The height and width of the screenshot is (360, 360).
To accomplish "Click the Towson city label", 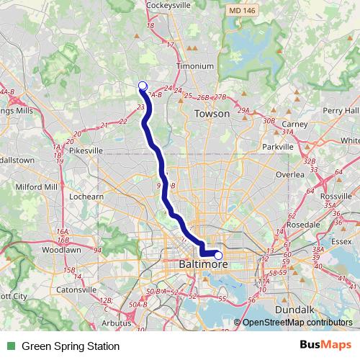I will click(x=212, y=114).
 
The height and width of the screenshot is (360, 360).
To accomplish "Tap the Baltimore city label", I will click(x=202, y=265).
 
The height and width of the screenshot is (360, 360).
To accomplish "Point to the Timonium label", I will click(x=195, y=66).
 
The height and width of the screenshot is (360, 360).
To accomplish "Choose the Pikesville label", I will click(x=86, y=150).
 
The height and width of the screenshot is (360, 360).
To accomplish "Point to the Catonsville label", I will click(x=76, y=289).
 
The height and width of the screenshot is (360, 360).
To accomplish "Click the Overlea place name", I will click(x=290, y=175).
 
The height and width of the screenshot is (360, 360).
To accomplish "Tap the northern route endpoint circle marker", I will click(x=143, y=86).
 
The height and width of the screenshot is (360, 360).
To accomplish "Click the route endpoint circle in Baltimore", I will click(x=218, y=254).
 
